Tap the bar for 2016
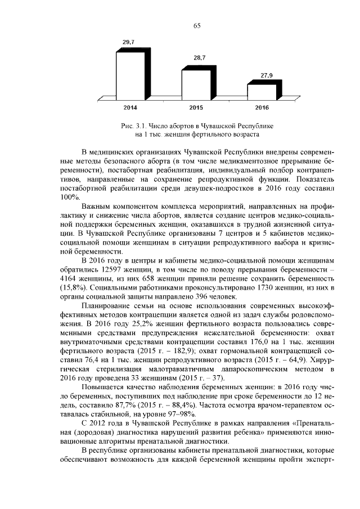click(x=261, y=92)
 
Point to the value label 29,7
click(x=129, y=42)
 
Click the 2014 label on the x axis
click(x=130, y=107)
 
